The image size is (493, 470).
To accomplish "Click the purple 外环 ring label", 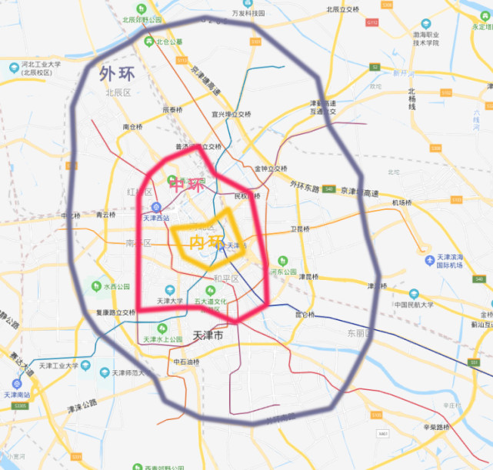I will (x=115, y=75).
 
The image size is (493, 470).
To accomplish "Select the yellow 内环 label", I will (x=205, y=242).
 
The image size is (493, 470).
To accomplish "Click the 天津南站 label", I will (x=16, y=394).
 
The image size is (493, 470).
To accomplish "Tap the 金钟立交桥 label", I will (x=270, y=168).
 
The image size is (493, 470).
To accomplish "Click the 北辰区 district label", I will (x=119, y=92).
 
